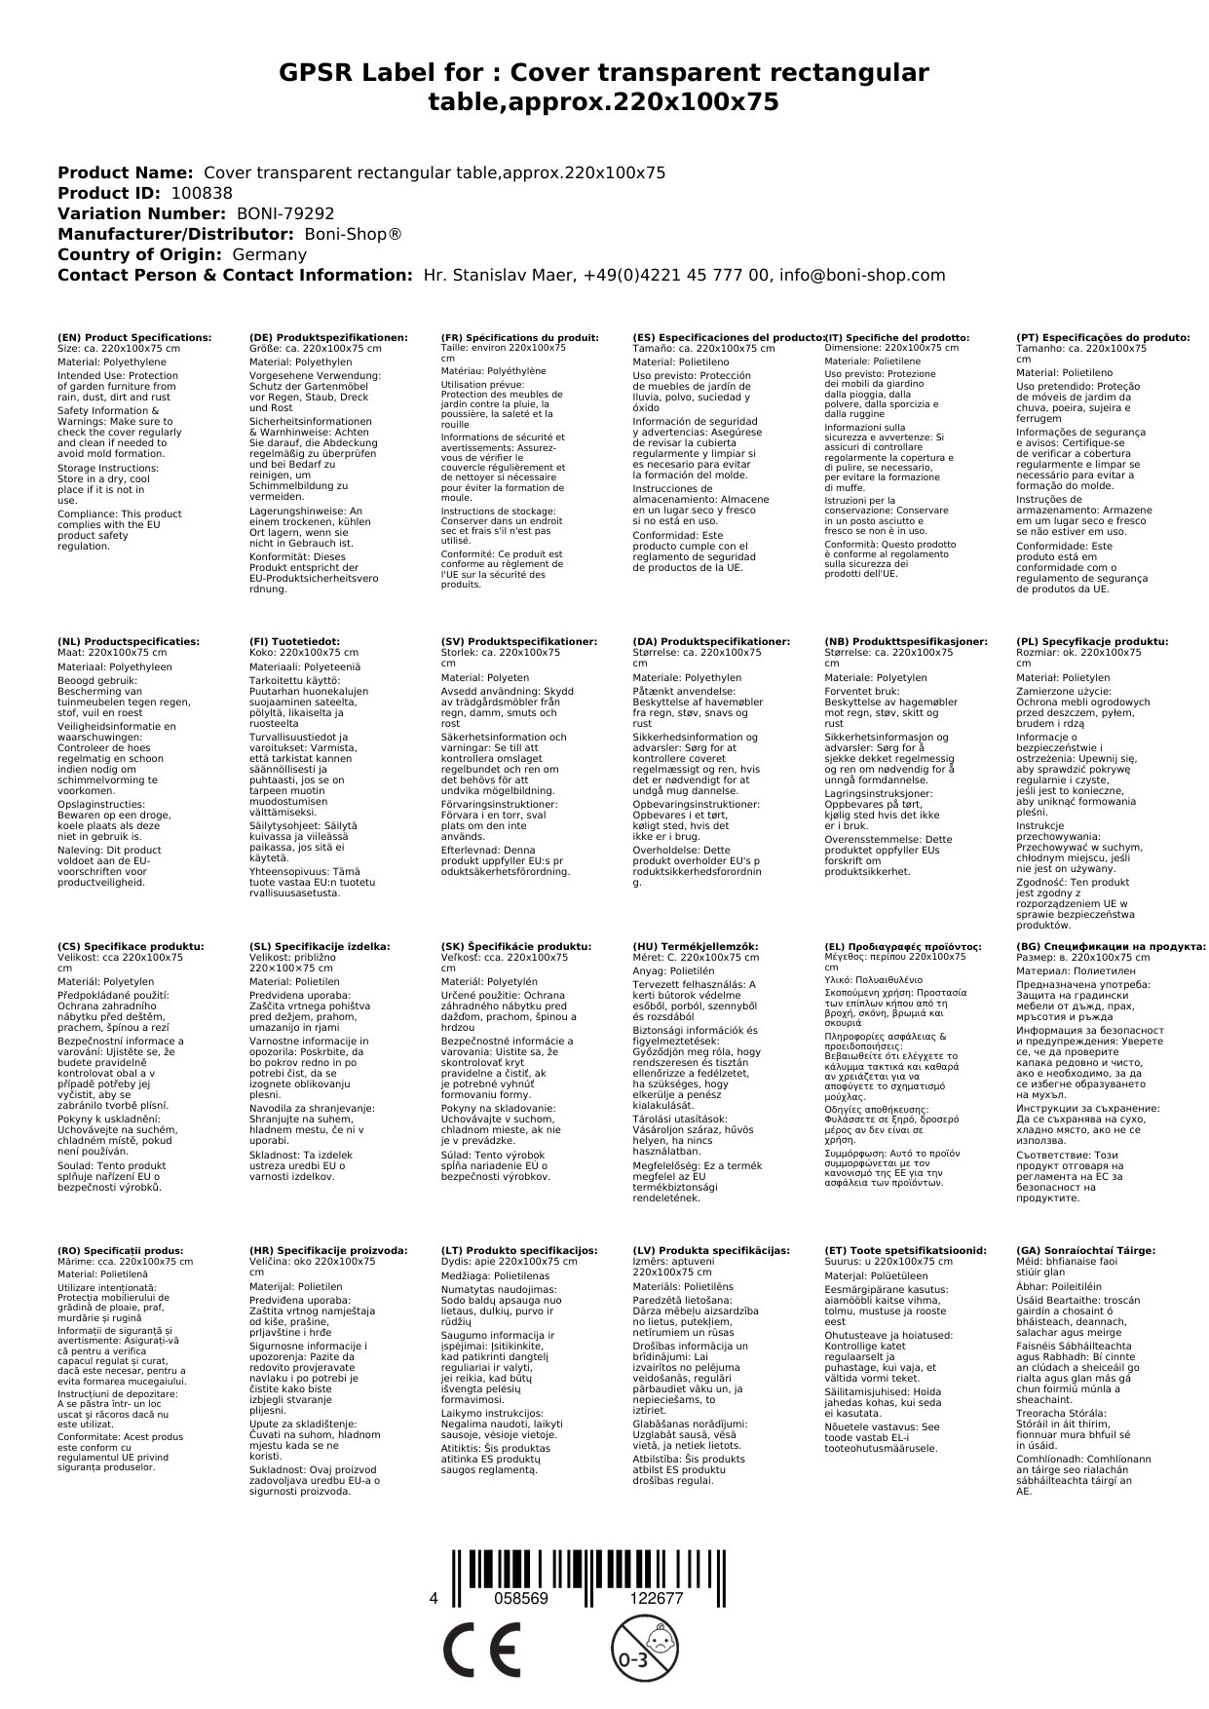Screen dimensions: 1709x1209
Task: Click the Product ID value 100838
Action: [202, 193]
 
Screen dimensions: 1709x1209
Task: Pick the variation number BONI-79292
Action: [285, 213]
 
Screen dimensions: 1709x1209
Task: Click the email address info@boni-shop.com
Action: [862, 275]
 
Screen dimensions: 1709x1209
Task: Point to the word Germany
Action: [269, 254]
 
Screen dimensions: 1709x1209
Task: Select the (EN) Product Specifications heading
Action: [133, 337]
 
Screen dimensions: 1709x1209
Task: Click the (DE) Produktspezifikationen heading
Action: [328, 337]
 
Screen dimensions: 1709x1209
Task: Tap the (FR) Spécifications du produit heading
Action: [519, 337]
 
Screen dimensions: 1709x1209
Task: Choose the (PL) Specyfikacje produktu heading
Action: [1091, 642]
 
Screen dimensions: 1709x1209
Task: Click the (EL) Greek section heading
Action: [902, 946]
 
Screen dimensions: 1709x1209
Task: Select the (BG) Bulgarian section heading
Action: [1111, 946]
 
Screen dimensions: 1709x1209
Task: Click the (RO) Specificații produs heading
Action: [121, 1250]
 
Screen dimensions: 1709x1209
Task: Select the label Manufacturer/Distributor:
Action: [175, 234]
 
